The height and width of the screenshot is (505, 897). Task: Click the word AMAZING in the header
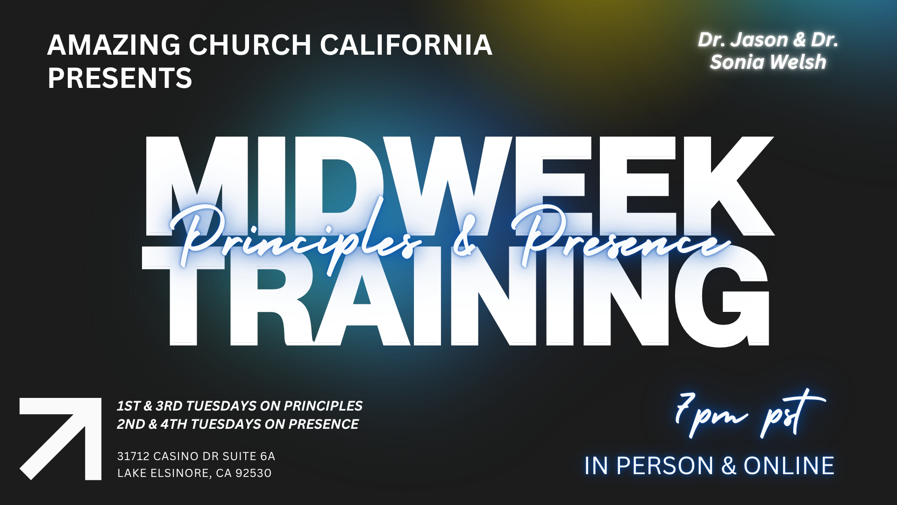pyautogui.click(x=114, y=45)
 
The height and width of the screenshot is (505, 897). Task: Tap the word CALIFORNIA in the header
pyautogui.click(x=406, y=45)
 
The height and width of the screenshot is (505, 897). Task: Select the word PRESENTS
pyautogui.click(x=120, y=78)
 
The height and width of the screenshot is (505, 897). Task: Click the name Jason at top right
pyautogui.click(x=760, y=40)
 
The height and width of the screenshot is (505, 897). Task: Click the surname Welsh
pyautogui.click(x=798, y=62)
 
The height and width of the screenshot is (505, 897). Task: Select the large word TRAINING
pyautogui.click(x=456, y=296)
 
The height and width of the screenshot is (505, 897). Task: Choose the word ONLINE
pyautogui.click(x=789, y=466)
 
